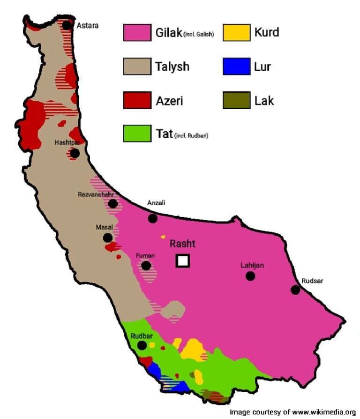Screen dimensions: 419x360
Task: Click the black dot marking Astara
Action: coord(67,25)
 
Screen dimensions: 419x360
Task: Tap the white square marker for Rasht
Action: coord(182,261)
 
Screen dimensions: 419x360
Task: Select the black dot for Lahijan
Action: coord(250,276)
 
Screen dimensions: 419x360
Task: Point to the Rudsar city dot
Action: coord(295,290)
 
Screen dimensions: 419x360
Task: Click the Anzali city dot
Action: coord(153,218)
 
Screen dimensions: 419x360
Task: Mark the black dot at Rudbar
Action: coord(142,345)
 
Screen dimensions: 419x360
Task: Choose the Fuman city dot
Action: coord(146,266)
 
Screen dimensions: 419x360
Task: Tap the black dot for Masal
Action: coord(108,238)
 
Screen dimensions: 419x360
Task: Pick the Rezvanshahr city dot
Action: coord(112,203)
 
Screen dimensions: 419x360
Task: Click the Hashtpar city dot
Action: coord(75,153)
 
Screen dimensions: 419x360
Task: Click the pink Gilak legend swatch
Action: coord(137,33)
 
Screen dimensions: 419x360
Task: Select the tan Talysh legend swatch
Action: coord(137,67)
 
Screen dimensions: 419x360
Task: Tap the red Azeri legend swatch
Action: coord(137,100)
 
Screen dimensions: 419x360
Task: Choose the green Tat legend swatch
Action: coord(137,134)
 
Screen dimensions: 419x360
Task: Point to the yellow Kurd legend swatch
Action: coord(236,33)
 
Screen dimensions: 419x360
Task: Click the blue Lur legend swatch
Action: coord(236,67)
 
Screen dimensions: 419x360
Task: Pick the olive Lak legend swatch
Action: coord(236,100)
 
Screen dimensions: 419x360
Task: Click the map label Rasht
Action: coord(182,244)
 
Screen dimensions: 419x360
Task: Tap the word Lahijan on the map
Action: coord(252,265)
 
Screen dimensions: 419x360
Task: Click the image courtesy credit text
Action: coord(292,412)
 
